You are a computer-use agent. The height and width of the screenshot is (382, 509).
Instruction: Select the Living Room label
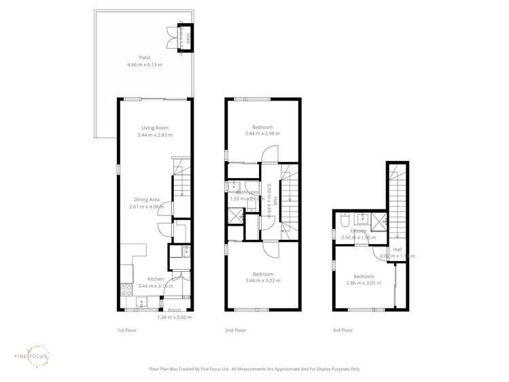(155, 128)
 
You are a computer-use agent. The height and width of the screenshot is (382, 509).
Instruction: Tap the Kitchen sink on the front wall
(141, 302)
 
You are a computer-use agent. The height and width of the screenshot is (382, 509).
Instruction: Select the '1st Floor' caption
(127, 330)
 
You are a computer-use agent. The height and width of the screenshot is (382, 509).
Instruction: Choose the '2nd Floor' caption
(236, 330)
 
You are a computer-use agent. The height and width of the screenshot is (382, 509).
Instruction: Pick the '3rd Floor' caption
(343, 330)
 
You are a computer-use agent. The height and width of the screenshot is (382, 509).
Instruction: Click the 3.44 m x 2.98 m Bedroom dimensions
(262, 134)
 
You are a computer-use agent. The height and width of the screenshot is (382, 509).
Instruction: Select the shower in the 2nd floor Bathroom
(236, 217)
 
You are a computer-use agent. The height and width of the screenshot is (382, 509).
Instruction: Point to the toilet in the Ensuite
(344, 220)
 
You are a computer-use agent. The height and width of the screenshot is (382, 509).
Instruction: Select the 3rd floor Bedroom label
(364, 277)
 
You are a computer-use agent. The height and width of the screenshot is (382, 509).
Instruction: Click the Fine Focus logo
(31, 356)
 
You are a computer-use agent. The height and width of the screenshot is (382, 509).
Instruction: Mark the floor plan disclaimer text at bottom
(254, 369)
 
